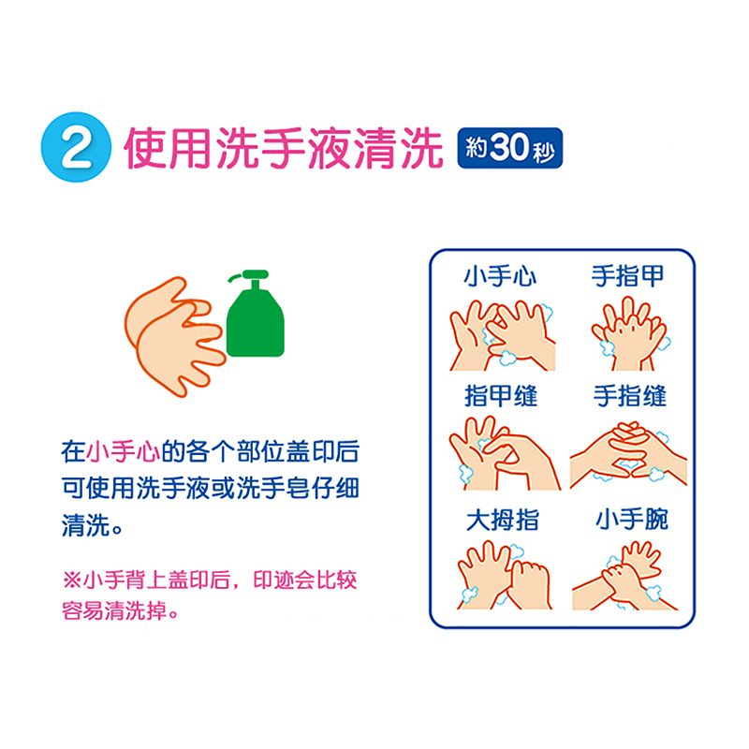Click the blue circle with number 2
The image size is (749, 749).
[76, 147]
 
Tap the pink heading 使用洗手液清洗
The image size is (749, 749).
[284, 148]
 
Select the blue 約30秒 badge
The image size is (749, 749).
[509, 148]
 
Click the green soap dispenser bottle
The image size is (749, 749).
[255, 314]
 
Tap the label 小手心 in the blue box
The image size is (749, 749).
[500, 276]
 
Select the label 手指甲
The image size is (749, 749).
[627, 275]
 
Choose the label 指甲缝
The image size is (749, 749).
[501, 396]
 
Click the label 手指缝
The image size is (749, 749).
[629, 396]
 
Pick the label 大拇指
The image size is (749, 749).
[503, 520]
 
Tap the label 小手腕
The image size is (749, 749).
[631, 520]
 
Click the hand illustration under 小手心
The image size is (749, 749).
[502, 335]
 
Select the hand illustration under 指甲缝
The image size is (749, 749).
[505, 453]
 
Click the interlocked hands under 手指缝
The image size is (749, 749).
[628, 455]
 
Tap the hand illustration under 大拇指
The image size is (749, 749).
[505, 575]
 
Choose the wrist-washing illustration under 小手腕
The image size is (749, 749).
[624, 576]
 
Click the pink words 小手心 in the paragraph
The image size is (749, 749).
[124, 451]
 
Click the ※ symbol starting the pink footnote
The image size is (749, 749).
[72, 580]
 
